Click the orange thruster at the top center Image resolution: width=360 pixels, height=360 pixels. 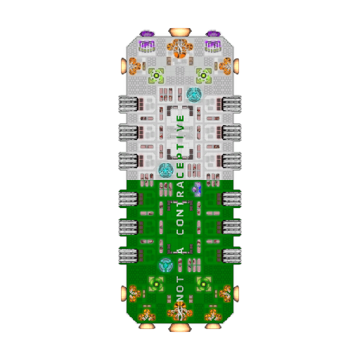pyautogui.click(x=180, y=32)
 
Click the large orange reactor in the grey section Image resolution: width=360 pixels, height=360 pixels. pyautogui.click(x=180, y=49)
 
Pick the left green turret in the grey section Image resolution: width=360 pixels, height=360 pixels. pyautogui.click(x=156, y=75)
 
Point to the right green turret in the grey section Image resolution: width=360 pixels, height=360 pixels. pyautogui.click(x=204, y=75)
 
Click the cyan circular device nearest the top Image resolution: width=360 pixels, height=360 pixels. pyautogui.click(x=194, y=95)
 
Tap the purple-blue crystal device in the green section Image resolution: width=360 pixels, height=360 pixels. pyautogui.click(x=197, y=189)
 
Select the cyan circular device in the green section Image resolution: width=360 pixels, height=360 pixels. pyautogui.click(x=166, y=265)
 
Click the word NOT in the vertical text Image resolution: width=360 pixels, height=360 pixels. pyautogui.click(x=180, y=289)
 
